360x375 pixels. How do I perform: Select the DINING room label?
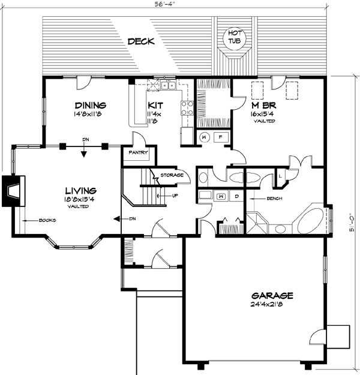click(x=91, y=104)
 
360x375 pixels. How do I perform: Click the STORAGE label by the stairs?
click(x=171, y=176)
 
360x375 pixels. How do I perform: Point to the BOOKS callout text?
click(x=47, y=220)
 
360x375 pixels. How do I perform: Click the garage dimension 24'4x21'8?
click(x=272, y=305)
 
